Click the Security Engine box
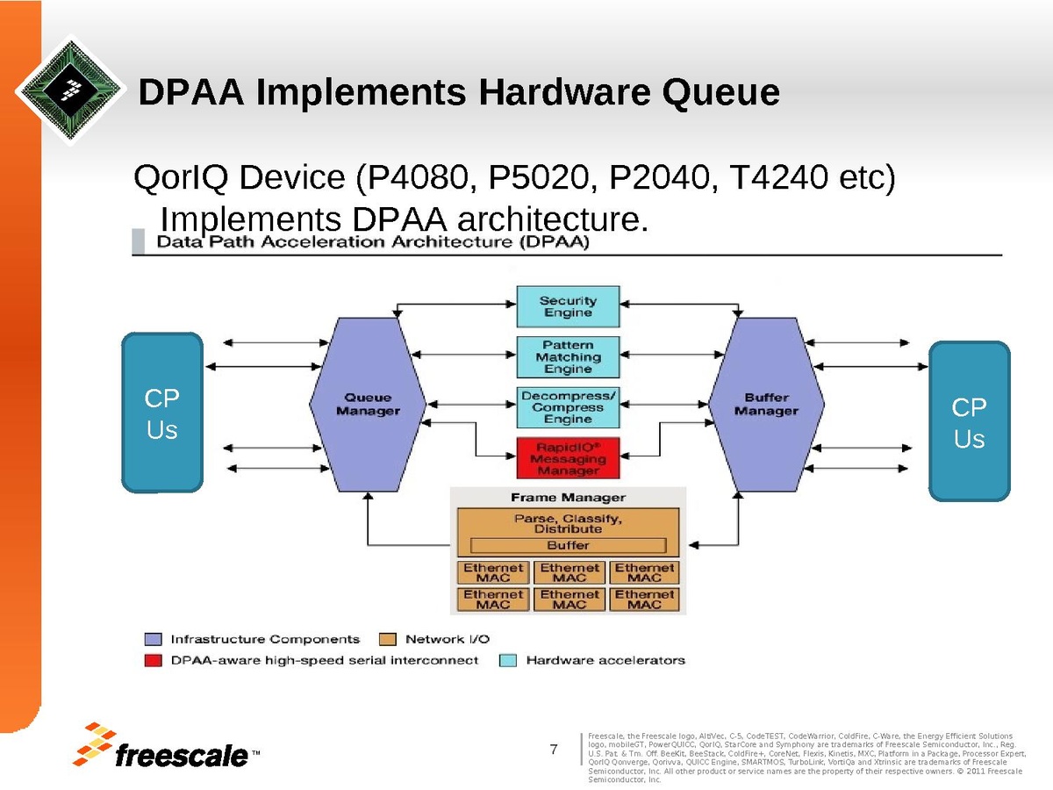(568, 307)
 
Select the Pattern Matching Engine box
(568, 357)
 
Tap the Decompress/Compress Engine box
(568, 407)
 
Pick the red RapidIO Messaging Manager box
(568, 458)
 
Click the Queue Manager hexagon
(368, 405)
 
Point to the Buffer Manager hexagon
(766, 405)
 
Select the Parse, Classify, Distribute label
(568, 523)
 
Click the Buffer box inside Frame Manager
(568, 545)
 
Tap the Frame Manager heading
(568, 498)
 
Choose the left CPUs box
(162, 413)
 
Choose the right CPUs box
(969, 421)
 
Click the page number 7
(554, 750)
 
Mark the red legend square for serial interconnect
(154, 659)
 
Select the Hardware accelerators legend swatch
(507, 659)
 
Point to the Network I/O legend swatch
(388, 639)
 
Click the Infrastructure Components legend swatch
(154, 639)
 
